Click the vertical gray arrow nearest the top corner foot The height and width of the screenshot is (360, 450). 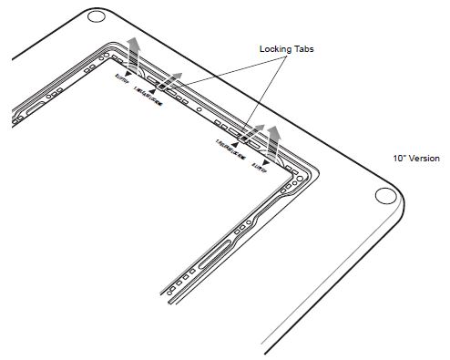click(134, 55)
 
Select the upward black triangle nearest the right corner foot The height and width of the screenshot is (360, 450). click(235, 143)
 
